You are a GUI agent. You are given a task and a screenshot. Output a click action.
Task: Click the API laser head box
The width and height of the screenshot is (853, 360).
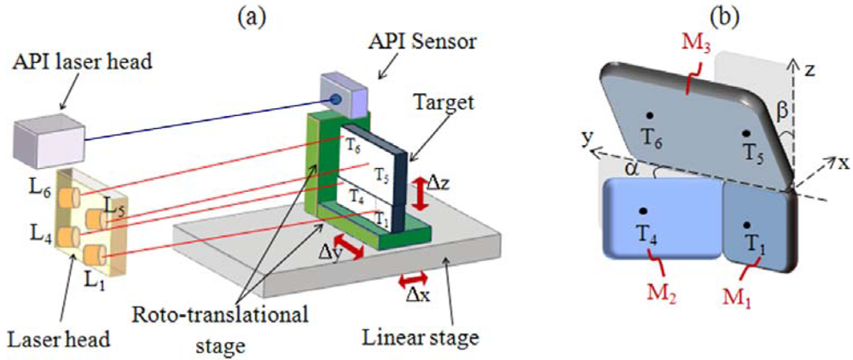47,137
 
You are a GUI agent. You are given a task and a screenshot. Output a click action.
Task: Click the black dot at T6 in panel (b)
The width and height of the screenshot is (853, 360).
650,115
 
